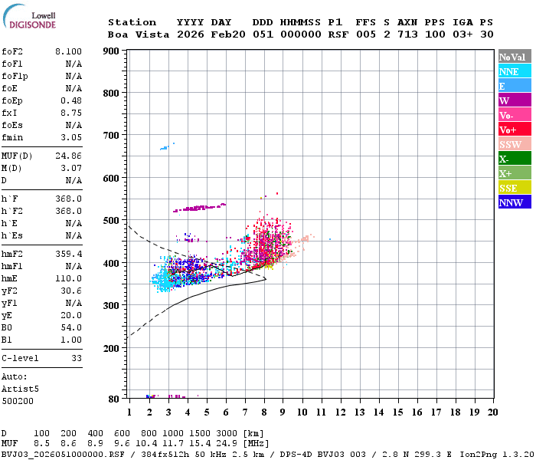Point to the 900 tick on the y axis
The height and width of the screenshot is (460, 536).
(x=111, y=51)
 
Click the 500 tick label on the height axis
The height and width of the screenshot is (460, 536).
(x=111, y=221)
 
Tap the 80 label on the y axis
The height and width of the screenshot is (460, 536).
(x=114, y=399)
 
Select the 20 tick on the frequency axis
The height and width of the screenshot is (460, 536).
(x=492, y=412)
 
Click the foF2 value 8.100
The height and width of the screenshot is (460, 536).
(x=68, y=50)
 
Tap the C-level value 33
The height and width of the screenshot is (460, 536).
(x=77, y=358)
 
